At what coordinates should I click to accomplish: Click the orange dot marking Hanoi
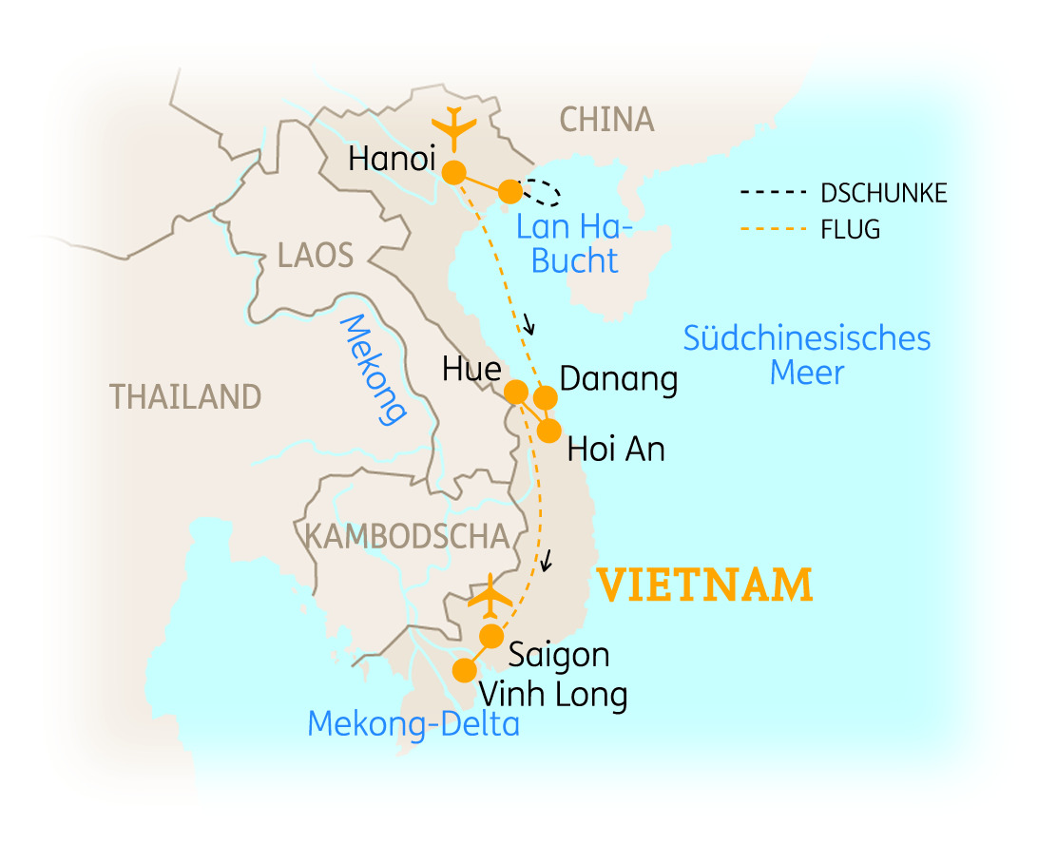[x=454, y=173]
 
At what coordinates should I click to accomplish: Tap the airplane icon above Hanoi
[x=454, y=129]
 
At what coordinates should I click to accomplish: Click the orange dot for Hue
[x=516, y=392]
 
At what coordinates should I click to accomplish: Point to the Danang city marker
[x=546, y=396]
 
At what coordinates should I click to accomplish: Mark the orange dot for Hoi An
[x=549, y=431]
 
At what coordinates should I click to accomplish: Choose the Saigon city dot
[x=491, y=636]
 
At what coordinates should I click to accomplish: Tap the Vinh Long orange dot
[x=464, y=670]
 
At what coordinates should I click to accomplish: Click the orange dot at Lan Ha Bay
[x=510, y=192]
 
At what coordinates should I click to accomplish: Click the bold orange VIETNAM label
[x=704, y=585]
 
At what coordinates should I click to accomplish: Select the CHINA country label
[x=606, y=120]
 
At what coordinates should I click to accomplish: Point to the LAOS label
[x=316, y=255]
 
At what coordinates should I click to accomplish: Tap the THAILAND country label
[x=185, y=396]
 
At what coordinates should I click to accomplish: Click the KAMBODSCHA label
[x=407, y=536]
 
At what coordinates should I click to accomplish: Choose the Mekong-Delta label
[x=413, y=724]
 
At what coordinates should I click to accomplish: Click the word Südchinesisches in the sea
[x=806, y=338]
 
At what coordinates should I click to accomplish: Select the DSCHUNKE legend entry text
[x=883, y=193]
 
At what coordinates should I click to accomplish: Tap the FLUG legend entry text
[x=850, y=229]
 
